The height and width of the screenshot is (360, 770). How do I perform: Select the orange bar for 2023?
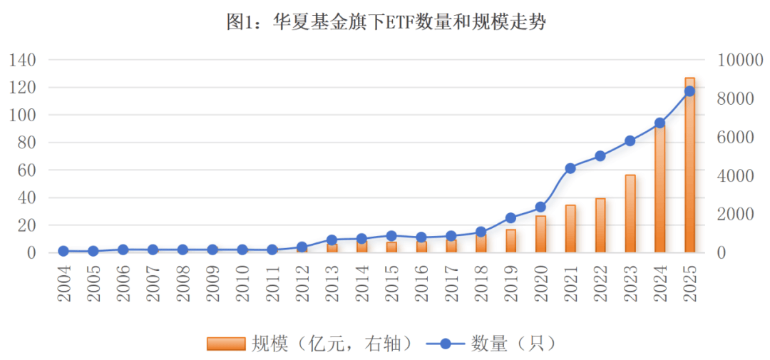tap(630, 213)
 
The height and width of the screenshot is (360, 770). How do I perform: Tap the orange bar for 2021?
tap(570, 228)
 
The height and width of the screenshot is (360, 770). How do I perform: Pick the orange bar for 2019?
tap(510, 240)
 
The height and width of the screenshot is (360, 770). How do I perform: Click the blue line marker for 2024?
tap(659, 123)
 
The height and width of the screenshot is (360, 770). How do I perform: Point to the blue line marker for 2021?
tap(570, 168)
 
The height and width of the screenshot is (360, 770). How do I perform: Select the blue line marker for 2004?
tap(63, 251)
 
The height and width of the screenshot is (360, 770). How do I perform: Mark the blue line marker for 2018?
tap(481, 232)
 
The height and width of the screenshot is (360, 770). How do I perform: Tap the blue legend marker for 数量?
tap(446, 344)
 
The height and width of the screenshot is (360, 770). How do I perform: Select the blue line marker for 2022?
tap(600, 155)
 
